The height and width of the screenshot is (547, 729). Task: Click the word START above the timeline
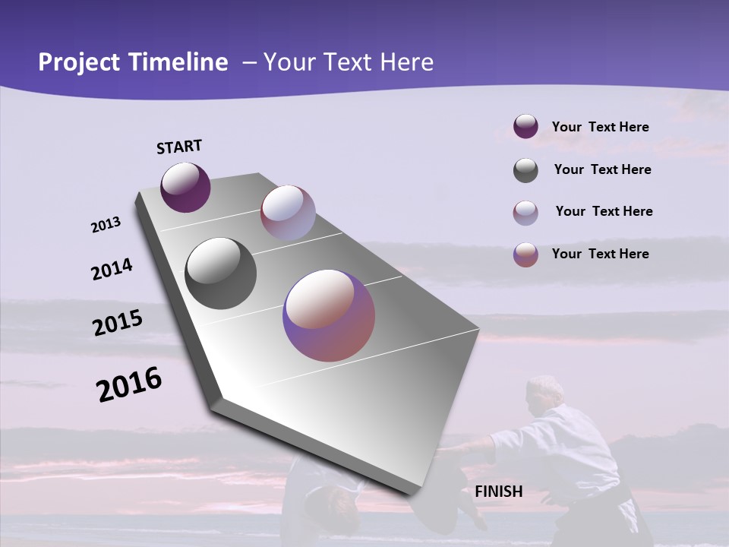(x=179, y=147)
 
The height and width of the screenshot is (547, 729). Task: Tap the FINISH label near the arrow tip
(x=498, y=492)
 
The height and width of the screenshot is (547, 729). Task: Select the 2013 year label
(x=106, y=225)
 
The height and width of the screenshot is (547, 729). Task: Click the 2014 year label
(x=112, y=269)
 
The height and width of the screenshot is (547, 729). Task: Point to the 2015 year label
(x=118, y=323)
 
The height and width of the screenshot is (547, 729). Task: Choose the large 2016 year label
(x=129, y=384)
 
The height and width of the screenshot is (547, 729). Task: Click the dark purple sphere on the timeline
(x=185, y=187)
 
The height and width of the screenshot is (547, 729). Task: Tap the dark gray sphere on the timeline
(x=220, y=273)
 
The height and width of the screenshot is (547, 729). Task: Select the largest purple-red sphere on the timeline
(x=329, y=315)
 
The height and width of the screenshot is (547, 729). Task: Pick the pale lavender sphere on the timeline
(x=288, y=213)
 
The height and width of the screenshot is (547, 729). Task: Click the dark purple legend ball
(x=525, y=127)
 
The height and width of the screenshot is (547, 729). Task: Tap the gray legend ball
(x=525, y=170)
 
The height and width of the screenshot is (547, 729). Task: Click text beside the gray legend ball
(x=602, y=169)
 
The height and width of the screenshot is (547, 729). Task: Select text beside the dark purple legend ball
(x=600, y=127)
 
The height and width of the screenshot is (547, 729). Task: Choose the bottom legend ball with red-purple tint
(x=525, y=255)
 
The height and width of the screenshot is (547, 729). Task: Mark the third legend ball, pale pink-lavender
(x=525, y=213)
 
